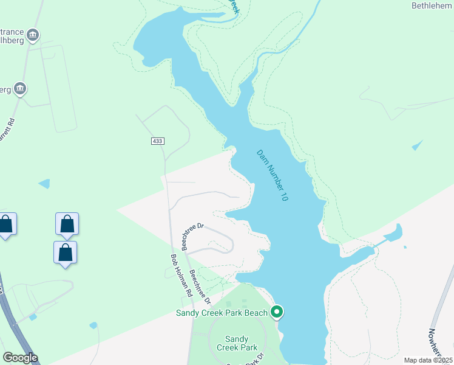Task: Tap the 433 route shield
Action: tap(157, 141)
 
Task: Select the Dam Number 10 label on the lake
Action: tap(271, 176)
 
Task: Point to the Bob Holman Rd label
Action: tap(181, 275)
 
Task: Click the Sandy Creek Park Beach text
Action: tap(222, 313)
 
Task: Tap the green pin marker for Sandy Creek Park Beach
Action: tap(277, 312)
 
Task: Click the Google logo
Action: tap(20, 358)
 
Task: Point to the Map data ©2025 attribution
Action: tap(428, 360)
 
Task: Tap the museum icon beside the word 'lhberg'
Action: tap(33, 34)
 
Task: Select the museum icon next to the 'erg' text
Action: tap(20, 89)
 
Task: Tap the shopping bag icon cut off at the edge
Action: tap(6, 224)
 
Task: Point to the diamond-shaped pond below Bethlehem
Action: tap(416, 145)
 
